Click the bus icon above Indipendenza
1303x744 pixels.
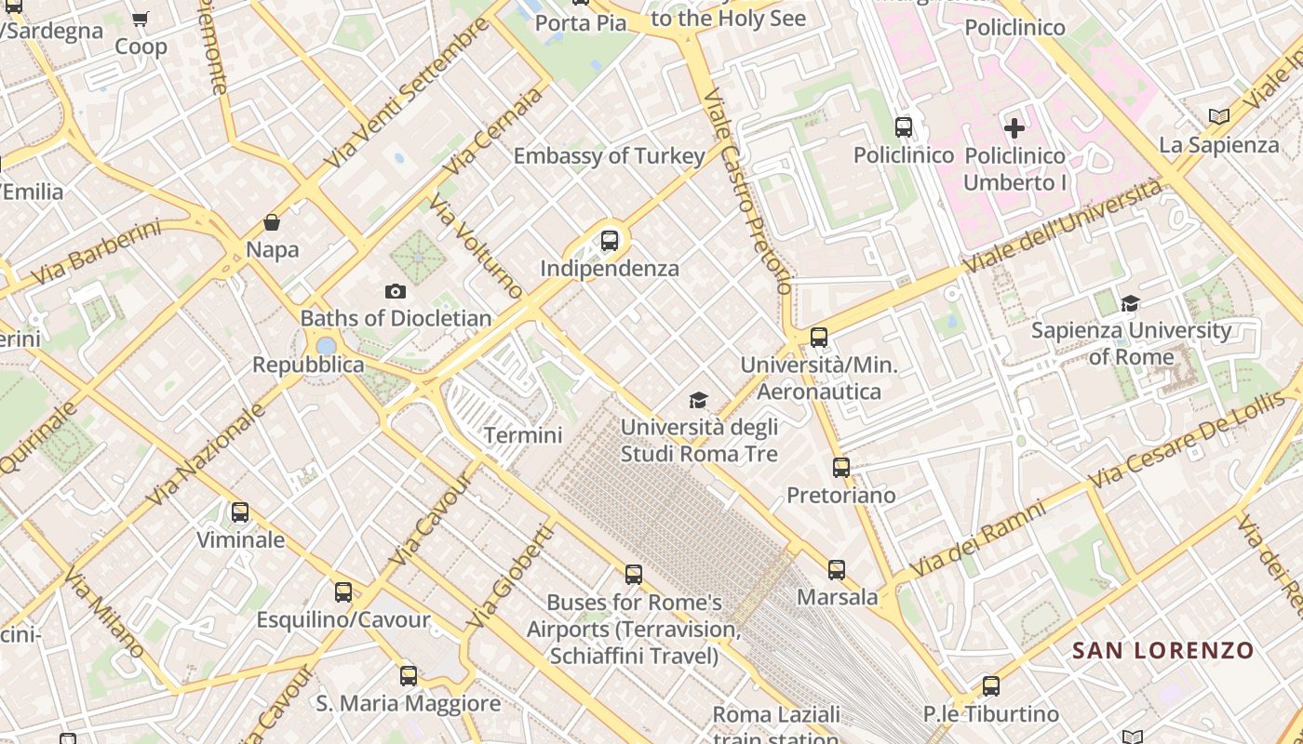coord(610,241)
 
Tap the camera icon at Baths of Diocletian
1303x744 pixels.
coord(396,292)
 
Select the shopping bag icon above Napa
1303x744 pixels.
coord(272,222)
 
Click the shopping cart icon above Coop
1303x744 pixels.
coord(141,19)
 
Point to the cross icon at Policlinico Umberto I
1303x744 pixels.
coord(1014,127)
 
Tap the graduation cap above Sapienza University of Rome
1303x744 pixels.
coord(1131,303)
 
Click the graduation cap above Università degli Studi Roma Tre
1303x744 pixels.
coord(698,400)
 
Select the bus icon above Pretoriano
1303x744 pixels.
coord(841,467)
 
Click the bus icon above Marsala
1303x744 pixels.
coord(837,569)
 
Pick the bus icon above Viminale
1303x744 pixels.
coord(240,511)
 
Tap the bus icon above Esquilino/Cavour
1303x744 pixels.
coord(343,591)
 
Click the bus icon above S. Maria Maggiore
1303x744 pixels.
coord(408,676)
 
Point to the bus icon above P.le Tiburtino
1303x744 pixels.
coord(991,686)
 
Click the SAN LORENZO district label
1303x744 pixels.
coord(1162,650)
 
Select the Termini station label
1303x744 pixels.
coord(523,435)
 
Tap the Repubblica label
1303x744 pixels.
coord(308,365)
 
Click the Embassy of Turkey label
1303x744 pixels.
coord(609,155)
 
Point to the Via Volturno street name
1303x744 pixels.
coord(477,246)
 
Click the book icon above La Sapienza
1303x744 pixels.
coord(1218,117)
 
